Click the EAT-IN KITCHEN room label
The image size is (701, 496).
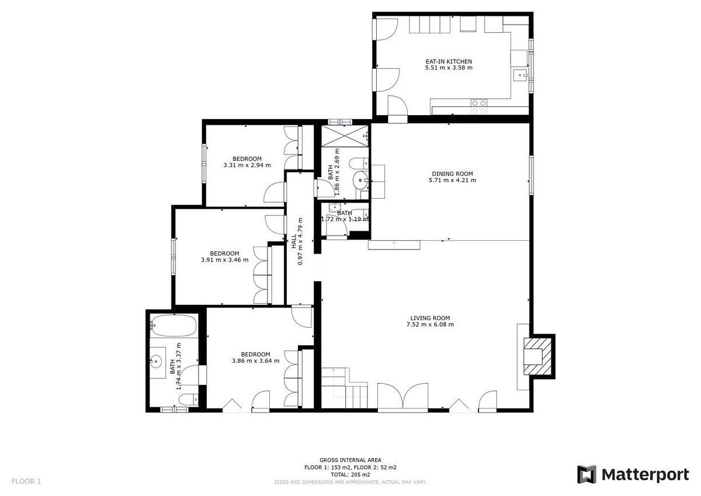(449, 62)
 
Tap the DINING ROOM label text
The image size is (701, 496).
(452, 174)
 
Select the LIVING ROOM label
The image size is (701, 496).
(430, 318)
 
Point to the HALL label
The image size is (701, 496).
(294, 242)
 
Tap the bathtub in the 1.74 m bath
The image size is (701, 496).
(174, 325)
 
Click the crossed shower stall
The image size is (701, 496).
(345, 136)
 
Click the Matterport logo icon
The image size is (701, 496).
(588, 475)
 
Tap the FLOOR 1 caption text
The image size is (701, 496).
(26, 481)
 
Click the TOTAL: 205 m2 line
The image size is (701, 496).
(350, 474)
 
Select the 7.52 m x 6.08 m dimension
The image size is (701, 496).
(430, 324)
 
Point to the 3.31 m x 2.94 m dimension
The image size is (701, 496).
(247, 165)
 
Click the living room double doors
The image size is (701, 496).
(402, 397)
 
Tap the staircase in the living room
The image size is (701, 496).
(345, 388)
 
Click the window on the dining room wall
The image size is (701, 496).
(532, 175)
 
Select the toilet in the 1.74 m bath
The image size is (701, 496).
(188, 399)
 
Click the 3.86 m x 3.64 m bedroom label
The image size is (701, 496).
(256, 358)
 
